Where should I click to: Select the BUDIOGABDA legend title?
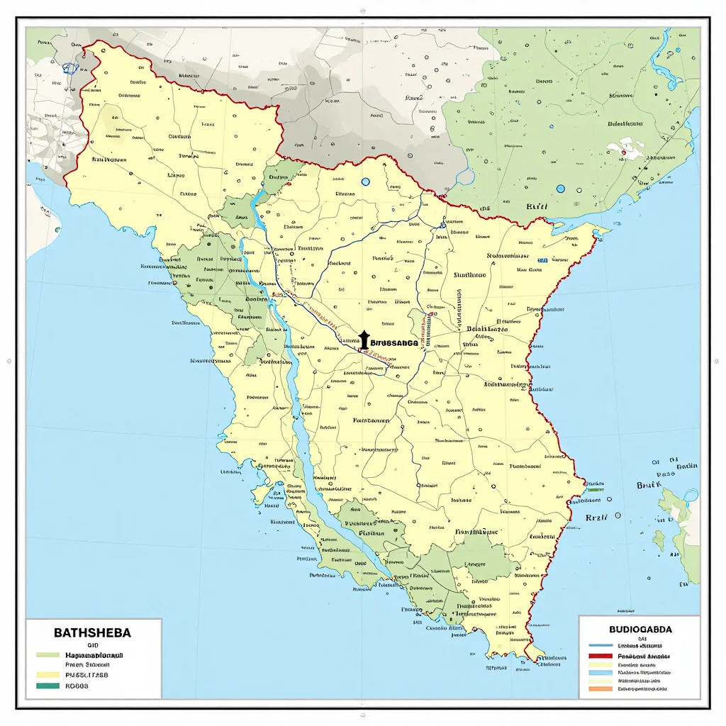640,628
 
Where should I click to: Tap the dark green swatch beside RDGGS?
48,686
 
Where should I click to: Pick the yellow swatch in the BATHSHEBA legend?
48,675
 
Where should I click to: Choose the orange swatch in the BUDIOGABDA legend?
601,688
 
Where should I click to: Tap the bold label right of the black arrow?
394,342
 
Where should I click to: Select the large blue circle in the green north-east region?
561,189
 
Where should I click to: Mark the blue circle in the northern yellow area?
366,182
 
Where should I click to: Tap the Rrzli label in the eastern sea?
597,518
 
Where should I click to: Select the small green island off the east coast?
659,541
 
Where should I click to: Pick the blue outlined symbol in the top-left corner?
69,69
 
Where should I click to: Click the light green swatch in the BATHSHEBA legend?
48,655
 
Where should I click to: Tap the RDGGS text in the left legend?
77,686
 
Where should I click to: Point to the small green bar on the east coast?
595,489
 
